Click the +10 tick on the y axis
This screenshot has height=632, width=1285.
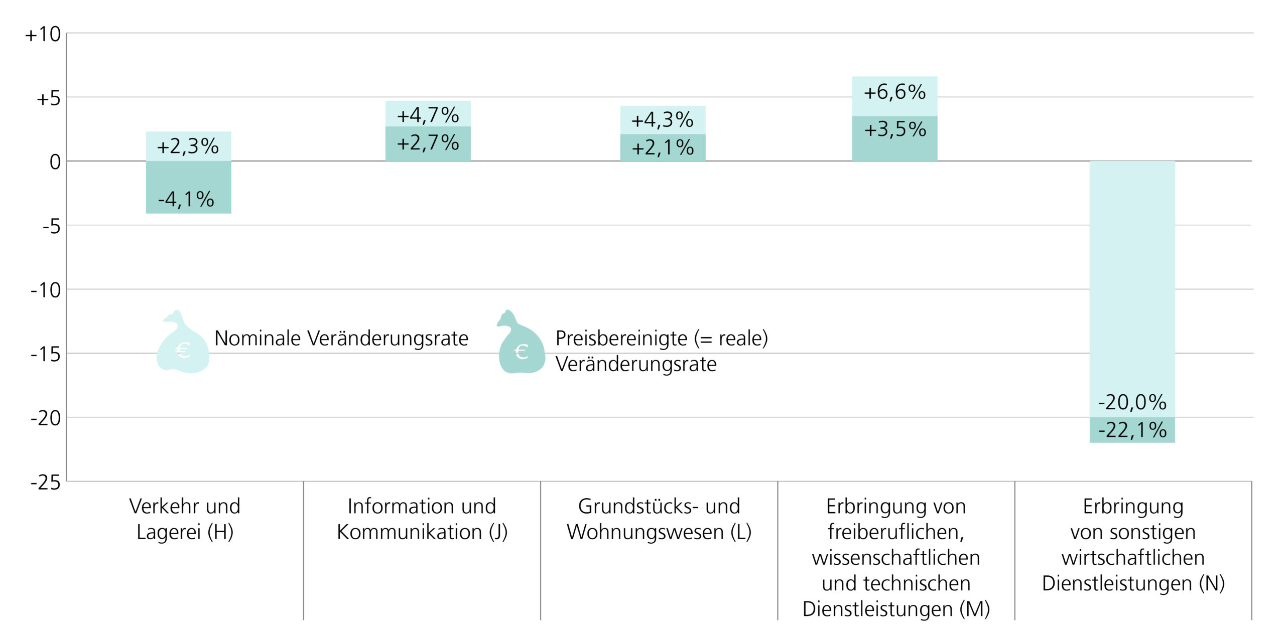point(43,35)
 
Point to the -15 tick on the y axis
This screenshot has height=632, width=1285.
point(45,355)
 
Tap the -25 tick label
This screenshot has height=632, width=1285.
point(45,483)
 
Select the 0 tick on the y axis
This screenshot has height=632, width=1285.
point(55,162)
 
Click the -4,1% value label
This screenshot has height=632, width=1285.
point(186,200)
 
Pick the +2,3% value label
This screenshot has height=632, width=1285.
point(188,146)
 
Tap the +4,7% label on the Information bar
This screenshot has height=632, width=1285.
point(428,115)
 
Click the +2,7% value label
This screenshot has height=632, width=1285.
point(428,143)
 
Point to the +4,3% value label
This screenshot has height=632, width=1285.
point(662,120)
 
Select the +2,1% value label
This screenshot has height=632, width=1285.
point(662,148)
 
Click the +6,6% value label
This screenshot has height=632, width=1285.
point(894,92)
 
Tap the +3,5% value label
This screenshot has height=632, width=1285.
point(894,129)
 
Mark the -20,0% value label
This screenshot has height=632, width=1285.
point(1132,402)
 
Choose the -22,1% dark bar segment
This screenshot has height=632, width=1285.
point(1132,430)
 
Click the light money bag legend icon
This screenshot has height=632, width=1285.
point(182,346)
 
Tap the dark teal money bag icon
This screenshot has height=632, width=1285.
point(521,346)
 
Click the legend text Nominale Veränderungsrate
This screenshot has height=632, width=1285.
point(341,339)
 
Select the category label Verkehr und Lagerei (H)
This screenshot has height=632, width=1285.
point(185,519)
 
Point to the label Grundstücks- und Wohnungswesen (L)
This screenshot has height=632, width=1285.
point(659,519)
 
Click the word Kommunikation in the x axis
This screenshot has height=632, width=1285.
point(409,532)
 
